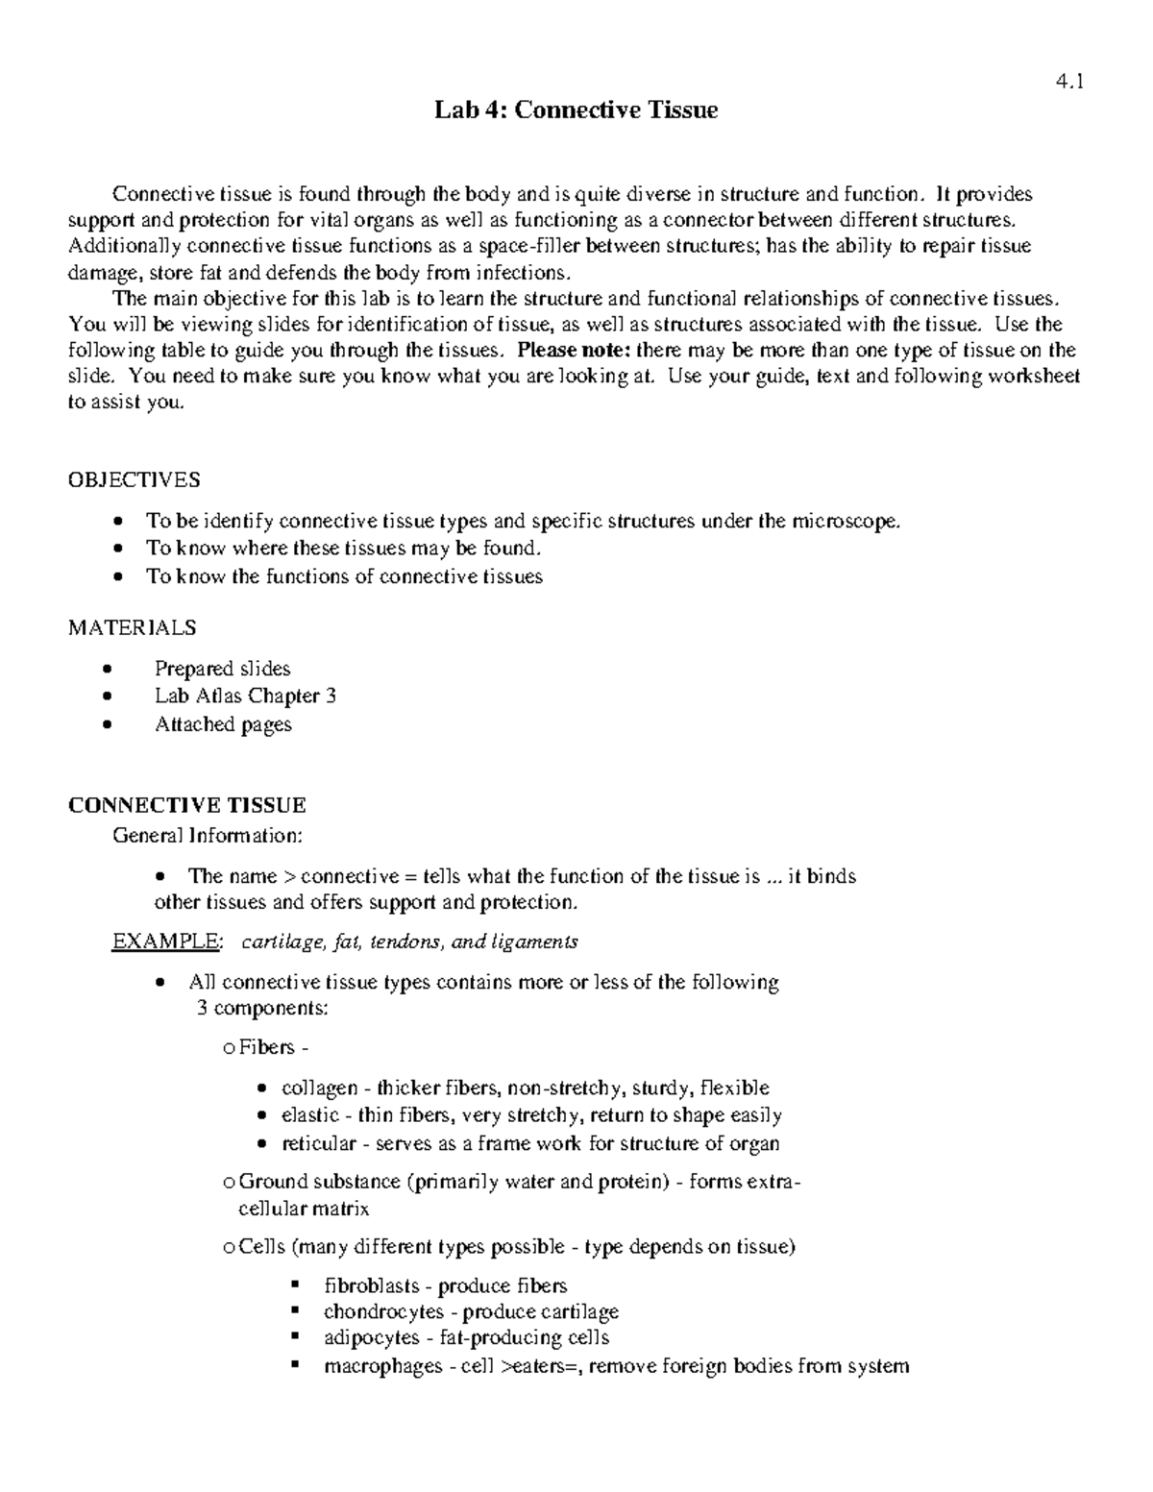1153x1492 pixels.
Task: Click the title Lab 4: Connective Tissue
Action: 576,110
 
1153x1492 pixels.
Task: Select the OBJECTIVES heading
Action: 134,479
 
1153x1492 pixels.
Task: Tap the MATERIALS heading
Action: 132,627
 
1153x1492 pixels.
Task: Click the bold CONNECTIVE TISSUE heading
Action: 186,805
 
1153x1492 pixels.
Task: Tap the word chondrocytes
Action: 383,1311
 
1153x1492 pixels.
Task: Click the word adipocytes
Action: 371,1337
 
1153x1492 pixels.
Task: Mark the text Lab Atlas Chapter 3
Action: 245,696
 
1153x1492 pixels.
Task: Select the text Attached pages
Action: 223,724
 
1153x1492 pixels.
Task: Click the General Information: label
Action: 208,835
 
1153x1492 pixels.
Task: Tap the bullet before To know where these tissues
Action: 116,549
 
